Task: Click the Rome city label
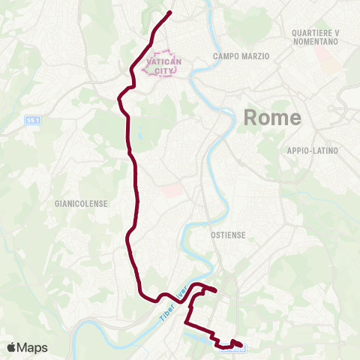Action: pos(272,118)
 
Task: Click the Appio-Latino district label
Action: pos(313,151)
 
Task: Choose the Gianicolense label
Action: pos(82,203)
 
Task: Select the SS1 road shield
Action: pos(32,119)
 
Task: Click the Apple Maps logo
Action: pos(27,347)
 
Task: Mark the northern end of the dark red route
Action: pos(170,12)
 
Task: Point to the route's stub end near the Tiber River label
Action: pos(216,290)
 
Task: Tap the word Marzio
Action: pos(254,56)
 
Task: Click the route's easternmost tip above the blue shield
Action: pos(241,344)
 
